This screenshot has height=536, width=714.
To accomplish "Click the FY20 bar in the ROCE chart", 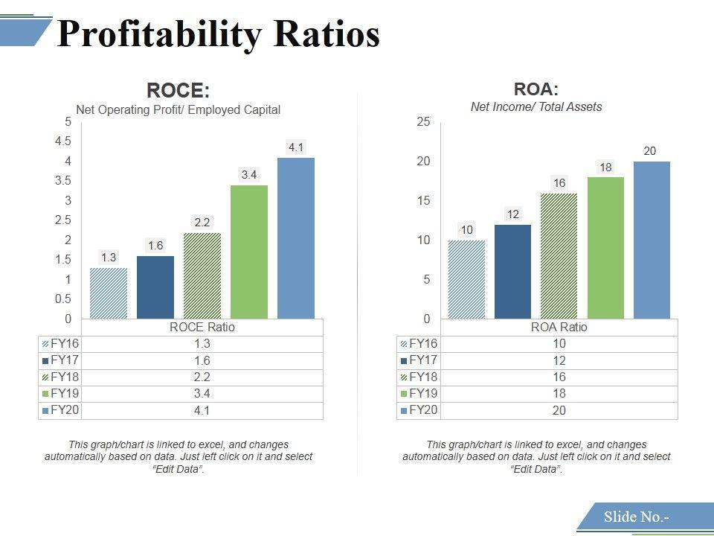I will click(x=296, y=238).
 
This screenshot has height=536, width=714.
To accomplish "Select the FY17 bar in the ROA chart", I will click(x=512, y=272).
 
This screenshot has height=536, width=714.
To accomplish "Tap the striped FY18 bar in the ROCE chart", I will click(x=202, y=275).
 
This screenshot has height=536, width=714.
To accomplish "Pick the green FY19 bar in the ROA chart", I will click(x=605, y=248).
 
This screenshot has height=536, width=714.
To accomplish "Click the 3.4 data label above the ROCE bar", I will click(x=249, y=175).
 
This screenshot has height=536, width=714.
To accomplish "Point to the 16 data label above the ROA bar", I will click(x=559, y=182).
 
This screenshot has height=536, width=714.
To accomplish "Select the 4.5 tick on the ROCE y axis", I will click(x=63, y=141).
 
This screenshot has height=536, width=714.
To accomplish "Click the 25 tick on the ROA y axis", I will click(x=423, y=122).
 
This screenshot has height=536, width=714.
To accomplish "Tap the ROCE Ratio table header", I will click(x=202, y=327).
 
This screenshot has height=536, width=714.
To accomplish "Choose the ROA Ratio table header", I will click(x=559, y=327).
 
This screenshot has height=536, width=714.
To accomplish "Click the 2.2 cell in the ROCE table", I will click(x=202, y=377).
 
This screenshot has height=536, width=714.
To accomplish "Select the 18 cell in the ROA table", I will click(x=559, y=394).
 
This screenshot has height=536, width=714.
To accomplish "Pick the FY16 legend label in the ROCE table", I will click(x=64, y=344).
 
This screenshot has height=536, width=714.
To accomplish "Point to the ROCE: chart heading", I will click(x=178, y=91).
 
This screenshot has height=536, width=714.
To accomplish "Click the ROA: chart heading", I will click(x=536, y=89).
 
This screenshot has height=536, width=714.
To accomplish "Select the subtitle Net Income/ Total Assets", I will click(x=536, y=106).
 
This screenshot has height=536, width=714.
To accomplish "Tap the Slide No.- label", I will click(x=636, y=517).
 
